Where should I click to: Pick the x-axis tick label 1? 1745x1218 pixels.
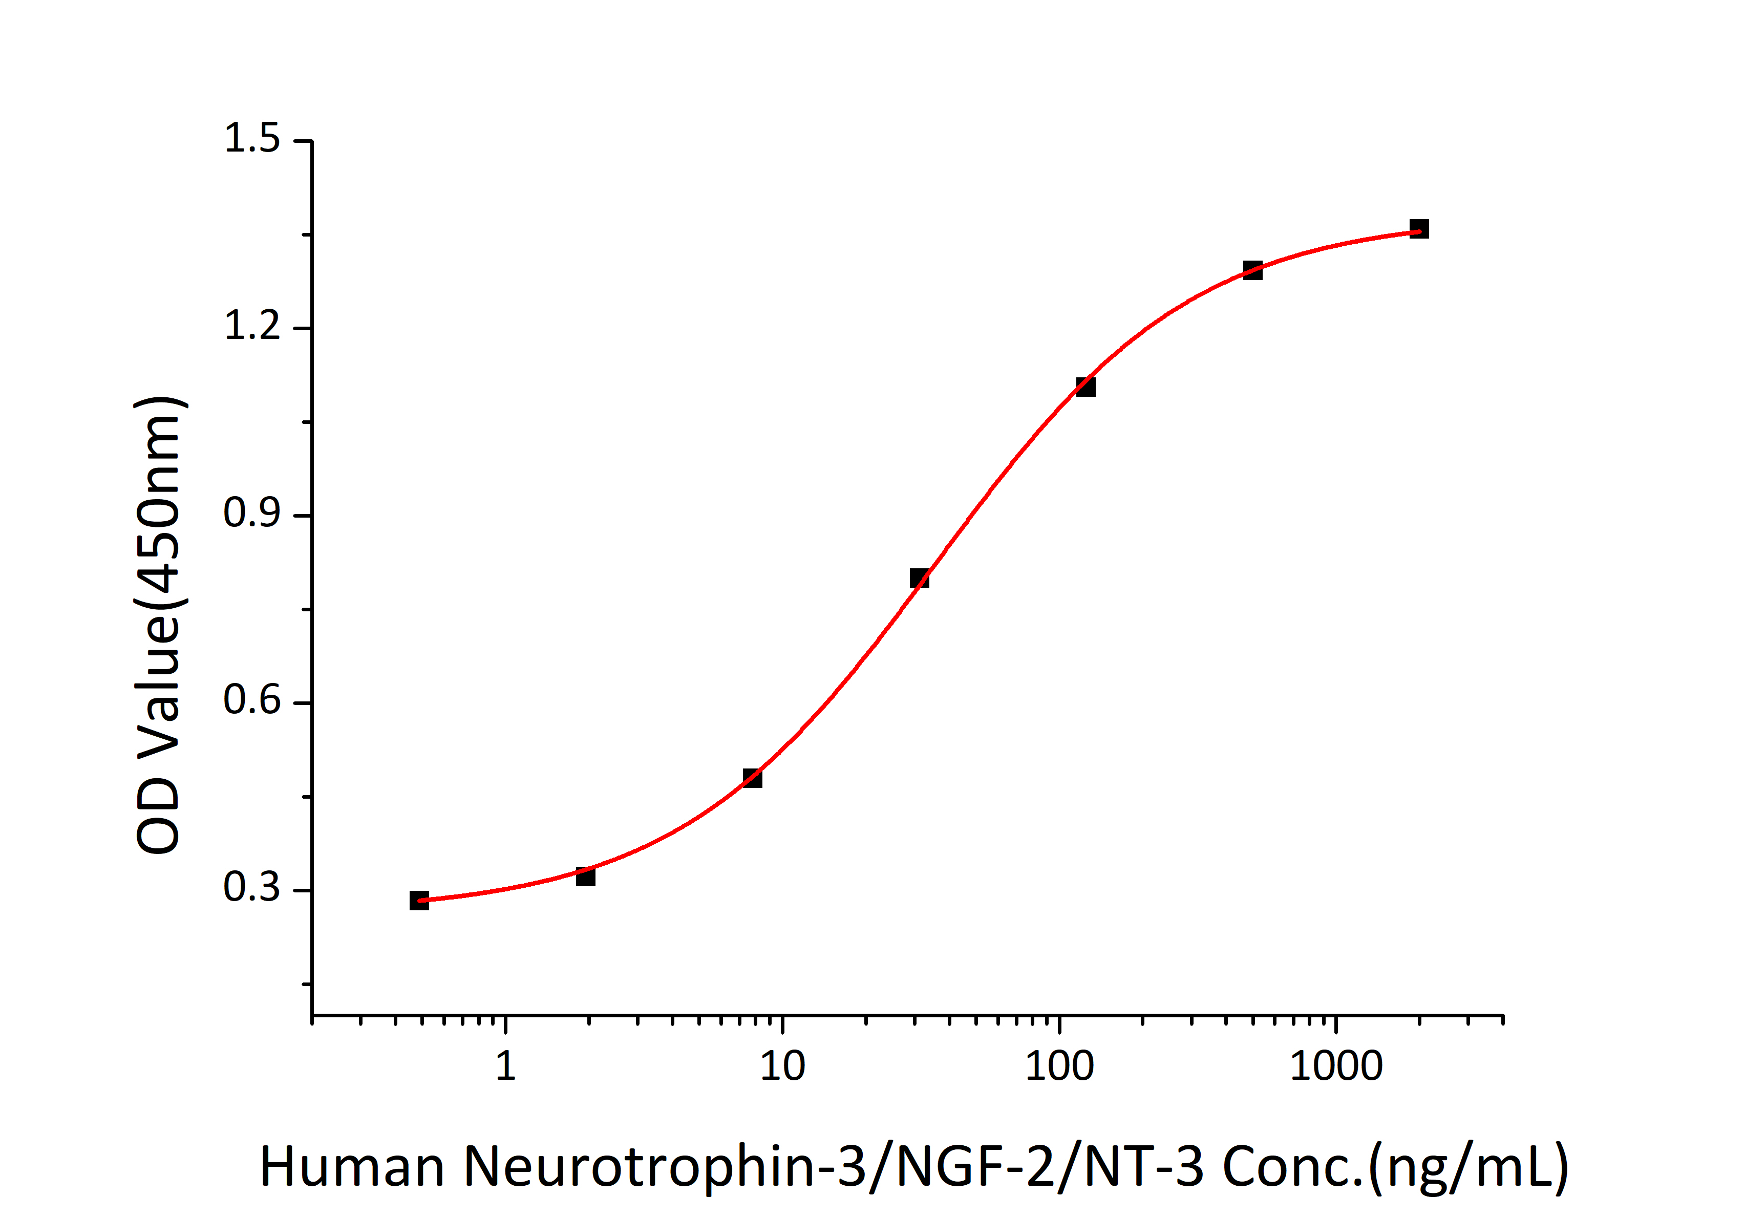tap(505, 1066)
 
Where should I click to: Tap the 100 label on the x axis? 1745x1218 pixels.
tap(1059, 1066)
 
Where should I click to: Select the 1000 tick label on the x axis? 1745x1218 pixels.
tap(1335, 1066)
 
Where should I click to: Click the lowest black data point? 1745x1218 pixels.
tap(419, 901)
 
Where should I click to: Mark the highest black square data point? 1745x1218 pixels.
tap(1419, 229)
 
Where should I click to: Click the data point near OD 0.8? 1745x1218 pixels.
tap(919, 578)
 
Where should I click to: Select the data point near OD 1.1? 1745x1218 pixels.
tap(1086, 387)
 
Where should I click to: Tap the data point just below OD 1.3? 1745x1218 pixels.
tap(1252, 270)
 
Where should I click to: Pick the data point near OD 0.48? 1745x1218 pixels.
tap(752, 777)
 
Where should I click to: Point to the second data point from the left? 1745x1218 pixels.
tap(585, 876)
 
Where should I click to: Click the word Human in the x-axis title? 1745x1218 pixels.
tap(351, 1166)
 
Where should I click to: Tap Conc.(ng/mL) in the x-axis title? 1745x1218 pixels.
tap(1395, 1166)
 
